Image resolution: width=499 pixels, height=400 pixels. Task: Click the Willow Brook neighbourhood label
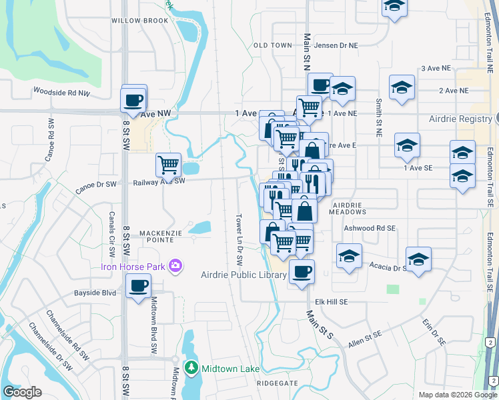(140, 21)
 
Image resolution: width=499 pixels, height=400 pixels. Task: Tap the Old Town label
(273, 45)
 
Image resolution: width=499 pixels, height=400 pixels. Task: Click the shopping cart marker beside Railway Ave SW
(168, 165)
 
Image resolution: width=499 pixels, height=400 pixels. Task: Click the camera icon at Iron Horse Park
(175, 266)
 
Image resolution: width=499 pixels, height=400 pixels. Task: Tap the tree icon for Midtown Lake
(191, 368)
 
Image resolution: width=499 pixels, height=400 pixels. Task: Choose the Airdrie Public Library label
(244, 275)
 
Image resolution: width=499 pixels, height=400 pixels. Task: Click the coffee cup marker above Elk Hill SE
(302, 272)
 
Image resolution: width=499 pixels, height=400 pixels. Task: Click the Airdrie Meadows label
(349, 208)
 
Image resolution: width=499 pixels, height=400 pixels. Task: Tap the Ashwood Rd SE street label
(370, 228)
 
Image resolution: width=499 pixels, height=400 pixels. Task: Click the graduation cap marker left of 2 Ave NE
(402, 89)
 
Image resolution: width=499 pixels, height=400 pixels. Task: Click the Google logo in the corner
(22, 392)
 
